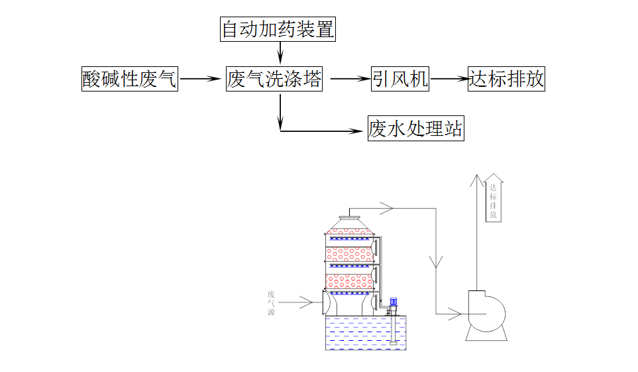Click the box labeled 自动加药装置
tap(278, 30)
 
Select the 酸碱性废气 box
tap(130, 80)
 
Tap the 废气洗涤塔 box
tap(274, 80)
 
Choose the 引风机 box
tap(400, 80)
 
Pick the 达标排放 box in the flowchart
tap(506, 80)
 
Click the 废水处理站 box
tap(415, 129)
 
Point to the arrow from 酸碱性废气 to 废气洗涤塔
tap(200, 80)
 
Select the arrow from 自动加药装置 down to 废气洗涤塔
tap(280, 52)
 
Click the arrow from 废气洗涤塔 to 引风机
tap(349, 80)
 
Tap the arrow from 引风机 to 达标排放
tap(449, 80)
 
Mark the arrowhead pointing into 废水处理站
tap(360, 130)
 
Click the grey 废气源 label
tap(271, 302)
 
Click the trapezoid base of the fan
tap(486, 334)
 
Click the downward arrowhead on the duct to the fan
tap(436, 263)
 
